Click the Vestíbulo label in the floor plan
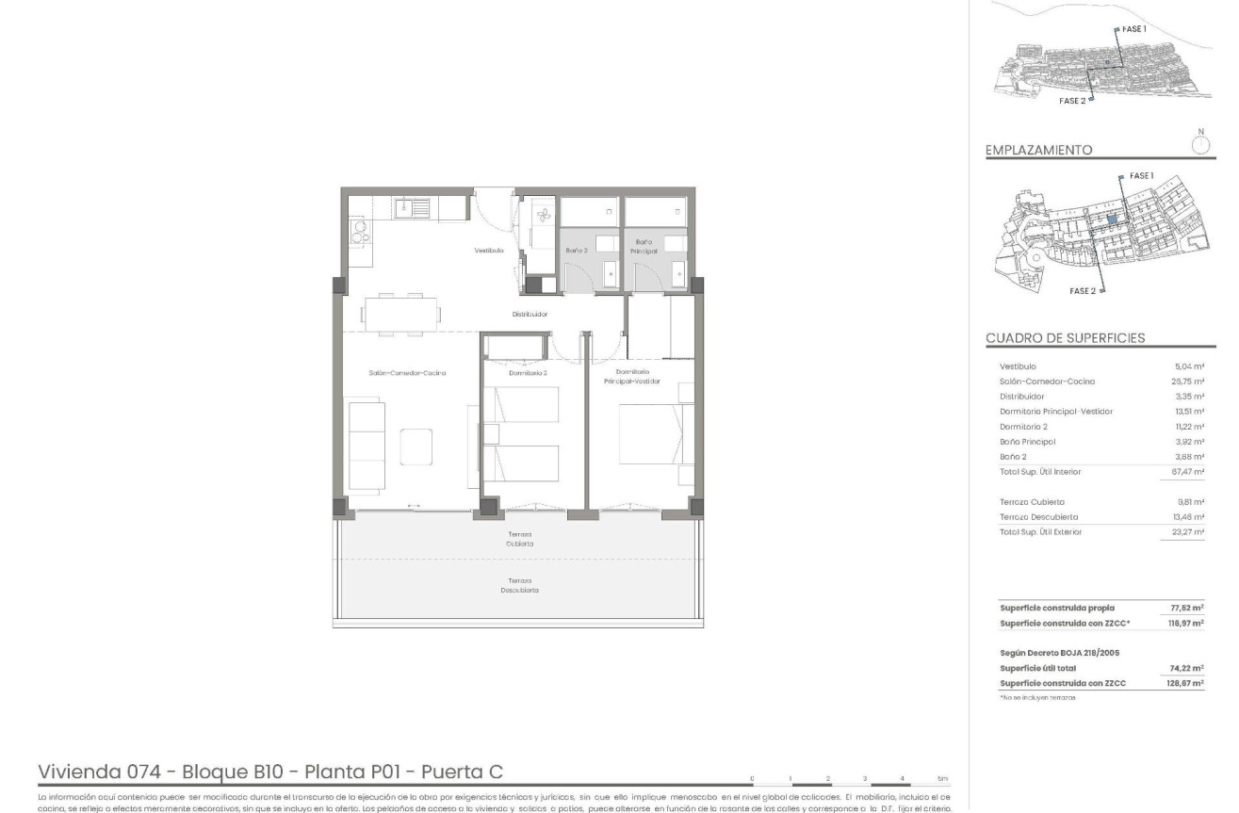tap(488, 251)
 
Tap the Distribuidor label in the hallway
tap(530, 314)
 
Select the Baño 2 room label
tap(577, 251)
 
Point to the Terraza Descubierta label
tap(519, 585)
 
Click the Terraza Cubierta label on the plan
tap(519, 540)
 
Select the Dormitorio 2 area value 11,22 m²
tap(1191, 427)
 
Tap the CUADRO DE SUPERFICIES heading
tap(1066, 338)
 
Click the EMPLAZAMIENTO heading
tap(1038, 150)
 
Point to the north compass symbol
tap(1199, 143)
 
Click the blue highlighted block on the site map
tap(1113, 219)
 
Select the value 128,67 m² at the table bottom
tap(1186, 683)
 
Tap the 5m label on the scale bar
tap(943, 779)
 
